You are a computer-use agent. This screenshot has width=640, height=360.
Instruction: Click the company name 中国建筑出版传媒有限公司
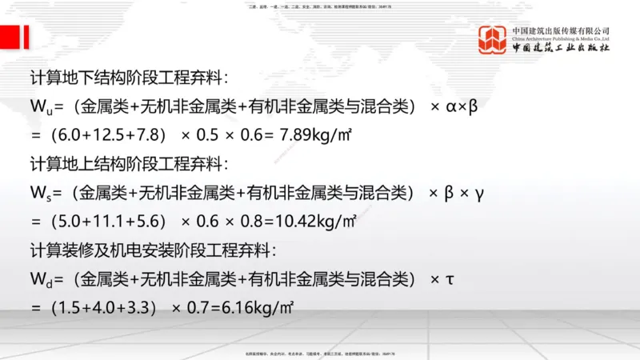click(561, 30)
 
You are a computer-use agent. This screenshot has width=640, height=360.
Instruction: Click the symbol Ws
click(39, 192)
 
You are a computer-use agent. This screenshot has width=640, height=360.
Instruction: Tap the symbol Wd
click(39, 278)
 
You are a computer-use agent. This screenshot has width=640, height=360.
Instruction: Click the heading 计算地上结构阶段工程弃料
click(128, 164)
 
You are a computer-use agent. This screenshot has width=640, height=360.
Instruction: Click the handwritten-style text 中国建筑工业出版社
click(561, 48)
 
